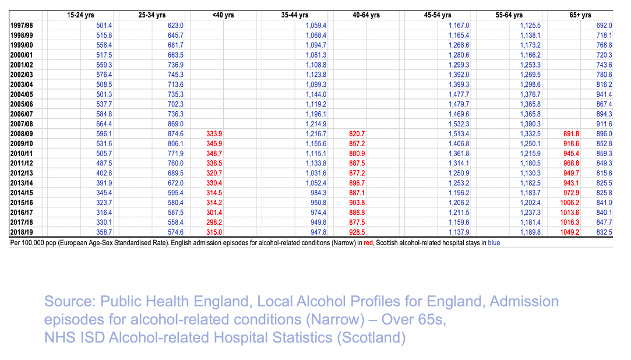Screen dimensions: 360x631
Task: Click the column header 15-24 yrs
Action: coord(80,15)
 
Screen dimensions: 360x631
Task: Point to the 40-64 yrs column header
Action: coord(366,15)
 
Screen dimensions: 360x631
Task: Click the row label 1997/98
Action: coord(22,26)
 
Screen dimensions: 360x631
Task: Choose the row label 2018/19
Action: coord(22,232)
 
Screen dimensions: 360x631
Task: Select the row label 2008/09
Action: coord(22,133)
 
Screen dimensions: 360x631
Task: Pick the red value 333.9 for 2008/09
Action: coord(215,133)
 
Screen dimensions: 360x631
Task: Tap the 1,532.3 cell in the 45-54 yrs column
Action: coord(458,124)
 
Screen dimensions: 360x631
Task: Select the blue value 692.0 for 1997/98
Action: coord(604,26)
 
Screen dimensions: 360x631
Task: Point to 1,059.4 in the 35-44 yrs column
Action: coord(316,26)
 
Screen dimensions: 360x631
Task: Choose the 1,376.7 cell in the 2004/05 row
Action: coord(530,94)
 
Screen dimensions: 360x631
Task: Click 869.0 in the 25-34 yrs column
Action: coord(175,124)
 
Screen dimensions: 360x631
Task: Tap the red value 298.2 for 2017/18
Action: coord(215,222)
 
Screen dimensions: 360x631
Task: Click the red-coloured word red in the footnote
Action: coord(368,242)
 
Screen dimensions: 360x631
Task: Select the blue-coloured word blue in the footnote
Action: coord(493,242)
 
